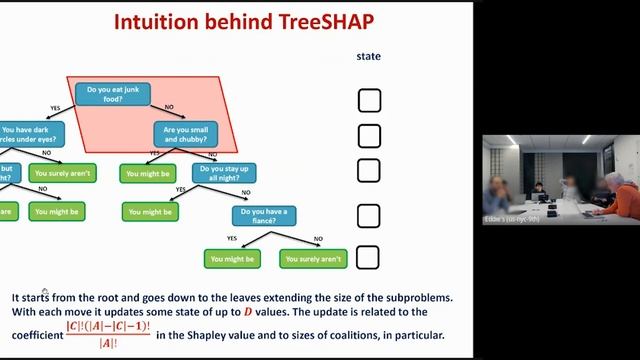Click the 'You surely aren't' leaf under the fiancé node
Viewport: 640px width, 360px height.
(x=314, y=259)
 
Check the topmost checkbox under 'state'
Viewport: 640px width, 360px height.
(x=369, y=100)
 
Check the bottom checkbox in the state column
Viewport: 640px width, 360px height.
(x=369, y=257)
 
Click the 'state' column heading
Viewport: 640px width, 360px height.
(x=369, y=57)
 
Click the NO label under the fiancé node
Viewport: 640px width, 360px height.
(x=319, y=239)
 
